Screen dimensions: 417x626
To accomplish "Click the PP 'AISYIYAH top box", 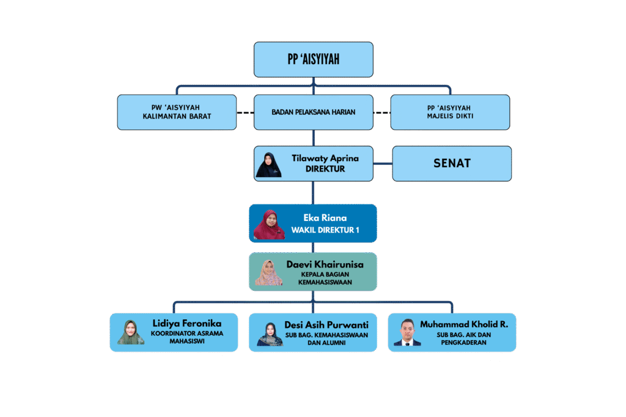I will [x=313, y=59].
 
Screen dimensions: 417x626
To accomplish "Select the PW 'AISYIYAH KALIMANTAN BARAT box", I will [x=177, y=112].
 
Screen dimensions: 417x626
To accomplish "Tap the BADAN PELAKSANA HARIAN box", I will [x=313, y=112].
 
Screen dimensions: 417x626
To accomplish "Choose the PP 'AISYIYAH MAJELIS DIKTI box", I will [x=450, y=112].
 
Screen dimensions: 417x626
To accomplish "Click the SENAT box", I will [x=451, y=164].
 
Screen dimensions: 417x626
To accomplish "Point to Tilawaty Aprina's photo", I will [x=269, y=164].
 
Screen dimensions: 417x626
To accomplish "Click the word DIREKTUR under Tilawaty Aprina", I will [x=325, y=169].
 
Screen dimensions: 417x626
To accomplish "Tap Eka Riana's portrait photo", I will [x=269, y=223].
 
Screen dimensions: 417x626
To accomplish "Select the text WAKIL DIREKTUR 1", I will [x=325, y=230].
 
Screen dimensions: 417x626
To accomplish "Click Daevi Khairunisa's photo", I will [x=269, y=272].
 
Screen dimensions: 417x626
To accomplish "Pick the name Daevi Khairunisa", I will [x=325, y=264].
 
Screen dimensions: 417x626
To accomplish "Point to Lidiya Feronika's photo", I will [x=131, y=332].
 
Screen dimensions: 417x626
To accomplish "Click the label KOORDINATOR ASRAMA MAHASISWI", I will [x=187, y=338].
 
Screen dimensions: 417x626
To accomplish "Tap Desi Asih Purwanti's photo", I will [x=270, y=333].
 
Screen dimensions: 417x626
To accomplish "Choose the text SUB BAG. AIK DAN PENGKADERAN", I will [x=463, y=338].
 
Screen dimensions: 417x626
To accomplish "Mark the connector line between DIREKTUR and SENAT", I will [x=383, y=164].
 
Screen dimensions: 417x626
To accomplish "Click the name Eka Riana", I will [x=325, y=217].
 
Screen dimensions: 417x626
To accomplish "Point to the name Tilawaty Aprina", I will [x=325, y=158].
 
